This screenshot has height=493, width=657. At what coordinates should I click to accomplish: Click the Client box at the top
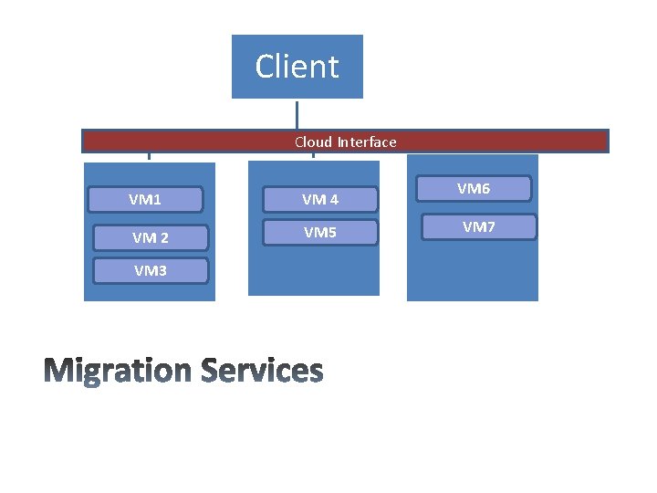tap(297, 67)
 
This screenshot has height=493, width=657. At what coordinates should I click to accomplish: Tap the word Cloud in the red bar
tap(313, 142)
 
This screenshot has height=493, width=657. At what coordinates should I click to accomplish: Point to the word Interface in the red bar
tap(367, 142)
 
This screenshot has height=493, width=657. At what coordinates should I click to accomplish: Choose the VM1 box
tap(146, 199)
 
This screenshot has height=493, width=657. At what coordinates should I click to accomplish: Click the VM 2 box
tap(151, 237)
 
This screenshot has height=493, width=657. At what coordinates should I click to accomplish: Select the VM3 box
tap(151, 270)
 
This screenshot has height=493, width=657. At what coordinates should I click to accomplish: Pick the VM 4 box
tap(320, 199)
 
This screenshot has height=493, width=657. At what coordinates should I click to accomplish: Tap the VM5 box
tap(320, 233)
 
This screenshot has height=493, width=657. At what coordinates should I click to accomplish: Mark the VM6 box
tap(474, 189)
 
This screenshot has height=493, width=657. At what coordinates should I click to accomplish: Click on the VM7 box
tap(478, 226)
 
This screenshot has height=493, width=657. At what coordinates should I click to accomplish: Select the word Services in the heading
tap(262, 371)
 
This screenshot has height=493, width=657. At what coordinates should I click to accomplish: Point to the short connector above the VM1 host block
tap(149, 156)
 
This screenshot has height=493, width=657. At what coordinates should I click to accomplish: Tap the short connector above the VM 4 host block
tap(313, 156)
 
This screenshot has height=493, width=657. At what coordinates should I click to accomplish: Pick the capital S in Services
tap(211, 371)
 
